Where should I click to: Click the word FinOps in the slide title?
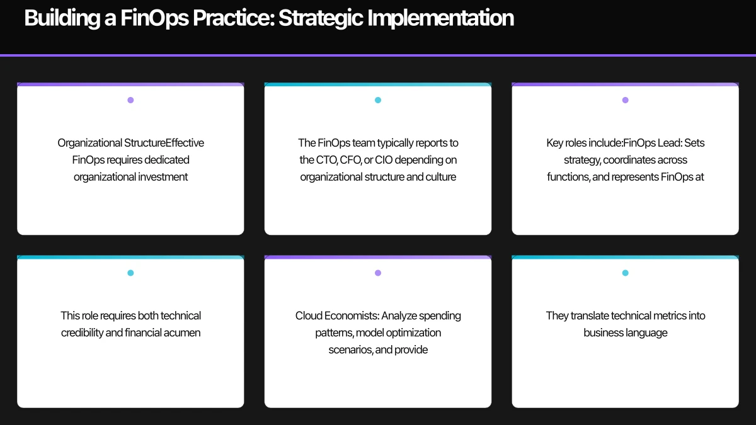pyautogui.click(x=154, y=18)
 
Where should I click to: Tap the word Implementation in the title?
pyautogui.click(x=440, y=18)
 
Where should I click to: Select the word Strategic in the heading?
pyautogui.click(x=321, y=18)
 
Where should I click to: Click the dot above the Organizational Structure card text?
pyautogui.click(x=130, y=100)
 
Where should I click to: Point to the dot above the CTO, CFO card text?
pyautogui.click(x=378, y=100)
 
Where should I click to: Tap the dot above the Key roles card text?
pyautogui.click(x=626, y=100)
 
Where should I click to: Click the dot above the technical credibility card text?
pyautogui.click(x=130, y=273)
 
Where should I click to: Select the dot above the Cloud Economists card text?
pyautogui.click(x=378, y=273)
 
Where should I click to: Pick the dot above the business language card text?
pyautogui.click(x=626, y=273)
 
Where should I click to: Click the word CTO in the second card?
pyautogui.click(x=327, y=160)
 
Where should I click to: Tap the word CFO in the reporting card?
pyautogui.click(x=351, y=160)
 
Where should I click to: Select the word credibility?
pyautogui.click(x=83, y=333)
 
